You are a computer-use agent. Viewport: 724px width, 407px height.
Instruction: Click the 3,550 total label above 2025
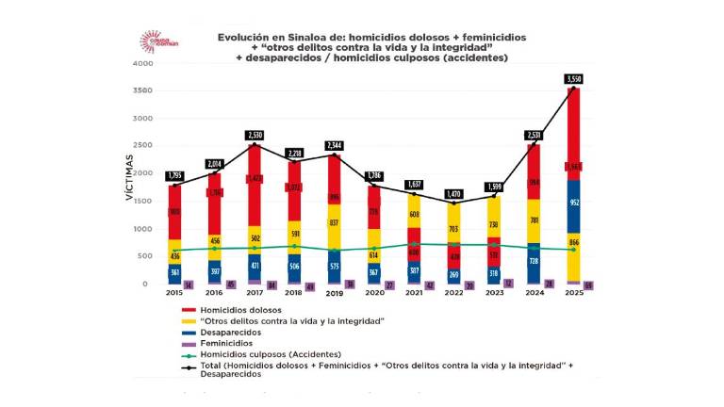(573, 78)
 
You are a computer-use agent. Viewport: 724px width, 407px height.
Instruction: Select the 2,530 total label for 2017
(255, 136)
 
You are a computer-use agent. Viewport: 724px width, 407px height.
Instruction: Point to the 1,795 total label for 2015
(174, 176)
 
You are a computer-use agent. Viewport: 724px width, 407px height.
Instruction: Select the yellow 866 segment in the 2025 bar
(573, 242)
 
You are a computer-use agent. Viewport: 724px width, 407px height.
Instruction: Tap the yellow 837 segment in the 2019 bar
(335, 223)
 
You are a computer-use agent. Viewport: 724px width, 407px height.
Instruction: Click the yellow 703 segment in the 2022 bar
(454, 229)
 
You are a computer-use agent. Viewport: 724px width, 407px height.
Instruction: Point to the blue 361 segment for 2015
(174, 272)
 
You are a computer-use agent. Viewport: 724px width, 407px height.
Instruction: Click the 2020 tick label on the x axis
(374, 293)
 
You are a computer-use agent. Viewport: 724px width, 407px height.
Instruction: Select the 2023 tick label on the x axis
(494, 293)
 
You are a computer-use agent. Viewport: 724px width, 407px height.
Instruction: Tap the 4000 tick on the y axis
(142, 64)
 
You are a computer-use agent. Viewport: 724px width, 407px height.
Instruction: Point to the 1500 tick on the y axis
(142, 202)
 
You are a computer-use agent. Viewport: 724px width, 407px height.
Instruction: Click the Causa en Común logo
(153, 41)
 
